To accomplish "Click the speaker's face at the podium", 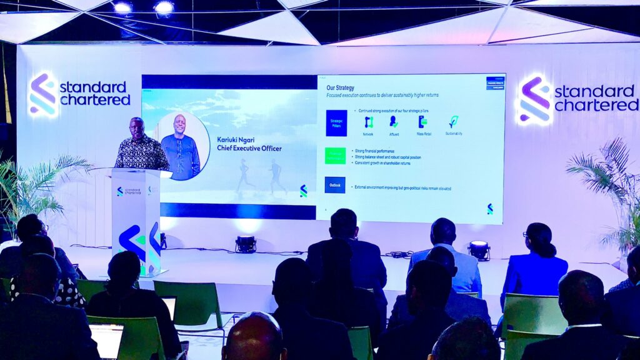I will tap(137, 127).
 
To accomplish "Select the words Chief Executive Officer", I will tap(249, 149).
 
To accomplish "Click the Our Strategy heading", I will tap(340, 87).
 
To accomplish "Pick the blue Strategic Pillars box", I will tap(336, 122).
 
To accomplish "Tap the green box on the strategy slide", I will tap(335, 156).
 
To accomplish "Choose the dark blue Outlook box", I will tap(335, 185).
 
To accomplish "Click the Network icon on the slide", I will tap(369, 122).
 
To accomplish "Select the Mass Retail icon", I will tap(423, 122).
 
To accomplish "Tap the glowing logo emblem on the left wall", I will tap(43, 96).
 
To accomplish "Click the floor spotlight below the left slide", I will tap(246, 244).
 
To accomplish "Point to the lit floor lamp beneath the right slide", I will tap(479, 249).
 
